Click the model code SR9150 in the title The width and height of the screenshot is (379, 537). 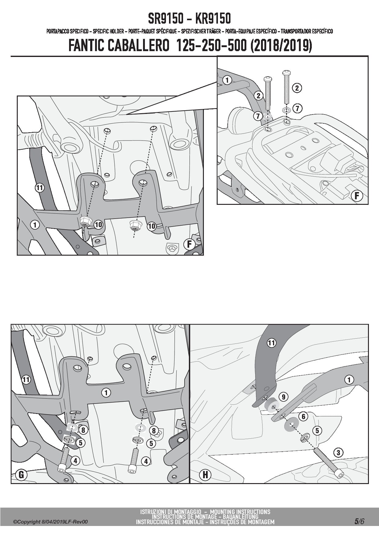pyautogui.click(x=166, y=19)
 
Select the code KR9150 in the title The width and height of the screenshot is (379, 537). pyautogui.click(x=213, y=19)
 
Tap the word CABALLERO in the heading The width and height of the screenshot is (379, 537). pyautogui.click(x=138, y=46)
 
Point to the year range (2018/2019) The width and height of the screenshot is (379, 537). pyautogui.click(x=281, y=46)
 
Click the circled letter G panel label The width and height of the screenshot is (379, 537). pyautogui.click(x=21, y=475)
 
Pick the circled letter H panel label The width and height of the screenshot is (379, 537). pyautogui.click(x=205, y=475)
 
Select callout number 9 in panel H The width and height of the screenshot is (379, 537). pyautogui.click(x=284, y=397)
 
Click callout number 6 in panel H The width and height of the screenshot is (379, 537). pyautogui.click(x=303, y=416)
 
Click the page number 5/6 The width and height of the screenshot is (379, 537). pyautogui.click(x=359, y=521)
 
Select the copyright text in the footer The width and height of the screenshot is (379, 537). pyautogui.click(x=50, y=522)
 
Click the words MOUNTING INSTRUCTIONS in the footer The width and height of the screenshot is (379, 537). pyautogui.click(x=240, y=512)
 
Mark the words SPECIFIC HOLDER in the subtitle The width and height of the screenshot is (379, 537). pyautogui.click(x=108, y=31)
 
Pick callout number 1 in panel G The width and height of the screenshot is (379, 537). pyautogui.click(x=106, y=392)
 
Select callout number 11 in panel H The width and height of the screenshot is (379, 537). pyautogui.click(x=271, y=343)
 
